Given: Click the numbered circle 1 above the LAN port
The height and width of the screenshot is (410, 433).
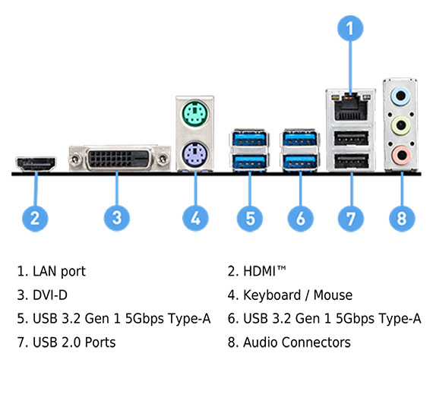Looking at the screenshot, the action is pyautogui.click(x=350, y=28).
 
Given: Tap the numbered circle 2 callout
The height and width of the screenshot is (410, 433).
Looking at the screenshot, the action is pyautogui.click(x=35, y=218).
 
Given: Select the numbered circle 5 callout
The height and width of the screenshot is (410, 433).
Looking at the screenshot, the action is pyautogui.click(x=250, y=218).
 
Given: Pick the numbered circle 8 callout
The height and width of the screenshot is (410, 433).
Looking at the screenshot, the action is pyautogui.click(x=402, y=218).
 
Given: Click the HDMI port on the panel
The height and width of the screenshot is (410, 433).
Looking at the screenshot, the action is pyautogui.click(x=36, y=164).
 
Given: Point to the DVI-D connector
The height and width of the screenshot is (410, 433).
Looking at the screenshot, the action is pyautogui.click(x=119, y=158).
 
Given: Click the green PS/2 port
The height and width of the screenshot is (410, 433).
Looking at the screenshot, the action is pyautogui.click(x=195, y=113).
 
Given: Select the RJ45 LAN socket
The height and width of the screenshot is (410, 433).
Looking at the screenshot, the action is pyautogui.click(x=351, y=108).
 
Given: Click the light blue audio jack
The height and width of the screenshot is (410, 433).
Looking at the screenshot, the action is pyautogui.click(x=400, y=96).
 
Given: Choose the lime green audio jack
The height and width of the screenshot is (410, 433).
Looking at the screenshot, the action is pyautogui.click(x=401, y=126).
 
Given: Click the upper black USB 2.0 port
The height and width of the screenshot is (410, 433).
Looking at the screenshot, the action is pyautogui.click(x=351, y=138).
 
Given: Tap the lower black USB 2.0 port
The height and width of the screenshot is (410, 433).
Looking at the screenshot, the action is pyautogui.click(x=351, y=161).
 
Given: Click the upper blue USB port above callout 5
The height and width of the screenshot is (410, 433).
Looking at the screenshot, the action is pyautogui.click(x=250, y=139).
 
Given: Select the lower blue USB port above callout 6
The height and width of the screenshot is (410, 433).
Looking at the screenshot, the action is pyautogui.click(x=300, y=162).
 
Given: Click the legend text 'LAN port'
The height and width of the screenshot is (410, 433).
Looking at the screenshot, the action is pyautogui.click(x=59, y=271).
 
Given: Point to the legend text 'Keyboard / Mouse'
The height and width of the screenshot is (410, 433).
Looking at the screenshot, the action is pyautogui.click(x=298, y=295).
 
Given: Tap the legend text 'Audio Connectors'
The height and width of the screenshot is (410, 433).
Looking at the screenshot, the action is pyautogui.click(x=297, y=342).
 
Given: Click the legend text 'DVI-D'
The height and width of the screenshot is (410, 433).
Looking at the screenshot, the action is pyautogui.click(x=50, y=295).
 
